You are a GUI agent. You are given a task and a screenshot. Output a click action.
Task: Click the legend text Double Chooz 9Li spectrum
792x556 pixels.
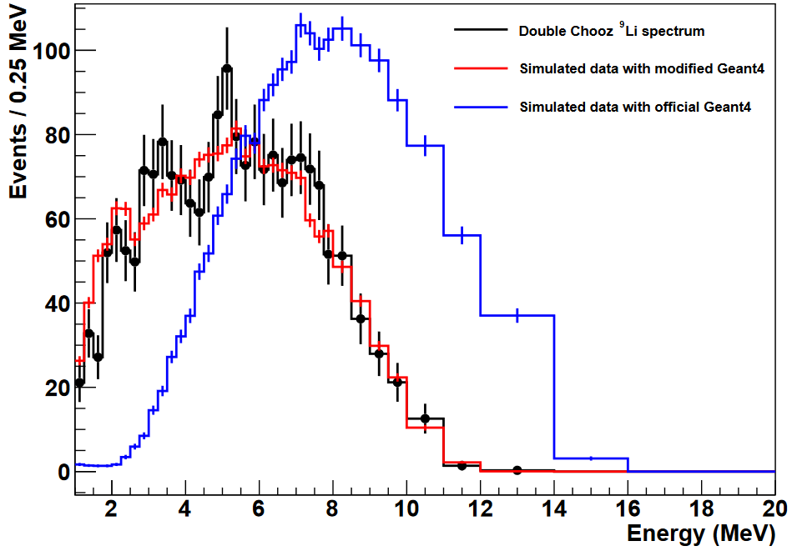pos(612,31)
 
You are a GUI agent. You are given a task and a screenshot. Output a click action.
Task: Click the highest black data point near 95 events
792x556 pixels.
pos(227,68)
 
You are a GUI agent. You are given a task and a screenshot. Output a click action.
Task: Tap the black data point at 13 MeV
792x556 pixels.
pos(517,469)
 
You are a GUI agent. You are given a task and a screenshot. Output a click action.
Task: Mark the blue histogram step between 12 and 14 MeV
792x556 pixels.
pos(517,315)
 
